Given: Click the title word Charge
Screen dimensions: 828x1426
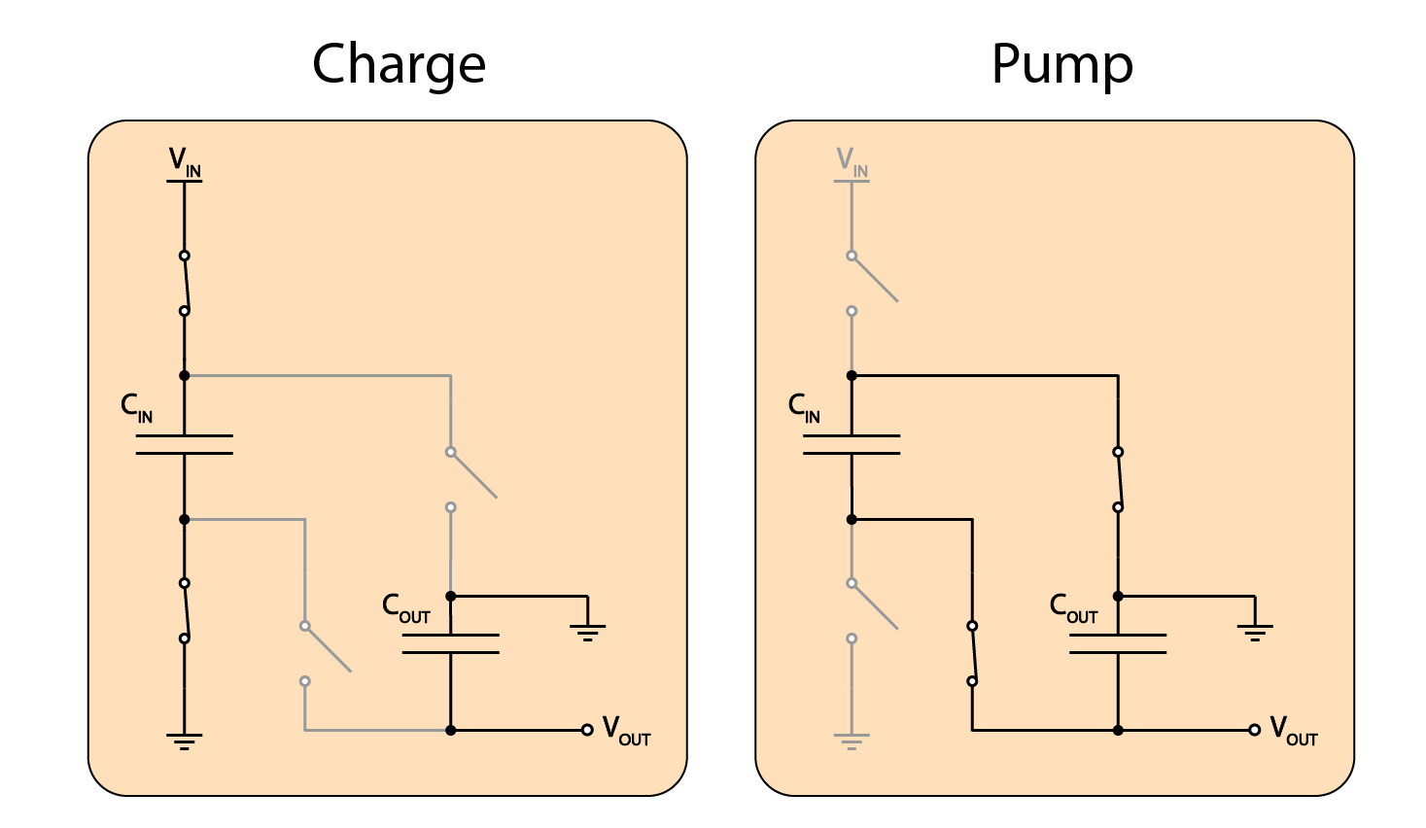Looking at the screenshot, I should click(x=399, y=65).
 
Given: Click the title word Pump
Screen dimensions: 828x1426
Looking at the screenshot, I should click(x=1061, y=65).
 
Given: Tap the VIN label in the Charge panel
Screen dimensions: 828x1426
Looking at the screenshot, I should click(x=185, y=162).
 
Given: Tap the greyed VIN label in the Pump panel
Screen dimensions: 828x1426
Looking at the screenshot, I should click(x=852, y=162).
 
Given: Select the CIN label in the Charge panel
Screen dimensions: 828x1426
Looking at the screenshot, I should click(x=136, y=408).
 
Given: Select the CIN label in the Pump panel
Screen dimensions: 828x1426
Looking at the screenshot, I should click(x=804, y=408).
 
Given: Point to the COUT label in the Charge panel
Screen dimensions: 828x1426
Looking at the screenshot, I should click(x=405, y=608).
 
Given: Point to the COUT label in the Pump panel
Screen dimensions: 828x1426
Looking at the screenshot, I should click(x=1073, y=608).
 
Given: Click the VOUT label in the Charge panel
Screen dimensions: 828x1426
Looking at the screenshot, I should click(x=626, y=731).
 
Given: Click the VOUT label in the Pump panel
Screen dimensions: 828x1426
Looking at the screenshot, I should click(x=1294, y=731).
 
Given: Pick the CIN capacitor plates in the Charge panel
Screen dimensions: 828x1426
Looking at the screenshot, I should click(x=185, y=445).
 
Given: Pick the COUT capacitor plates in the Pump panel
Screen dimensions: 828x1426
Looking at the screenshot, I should click(x=1118, y=643).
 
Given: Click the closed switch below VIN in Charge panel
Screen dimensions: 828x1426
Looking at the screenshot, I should click(x=185, y=283).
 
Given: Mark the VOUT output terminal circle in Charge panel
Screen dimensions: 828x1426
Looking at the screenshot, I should click(x=587, y=730).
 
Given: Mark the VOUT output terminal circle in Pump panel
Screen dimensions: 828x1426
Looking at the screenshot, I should click(x=1255, y=730).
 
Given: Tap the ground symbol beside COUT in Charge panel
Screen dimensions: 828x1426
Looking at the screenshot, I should click(x=587, y=633).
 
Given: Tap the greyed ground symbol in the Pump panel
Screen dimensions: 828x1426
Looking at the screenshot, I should click(x=852, y=742).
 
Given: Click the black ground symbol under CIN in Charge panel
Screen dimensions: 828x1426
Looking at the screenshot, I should click(x=184, y=742).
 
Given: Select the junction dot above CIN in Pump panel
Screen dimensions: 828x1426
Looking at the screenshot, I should click(x=852, y=376).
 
